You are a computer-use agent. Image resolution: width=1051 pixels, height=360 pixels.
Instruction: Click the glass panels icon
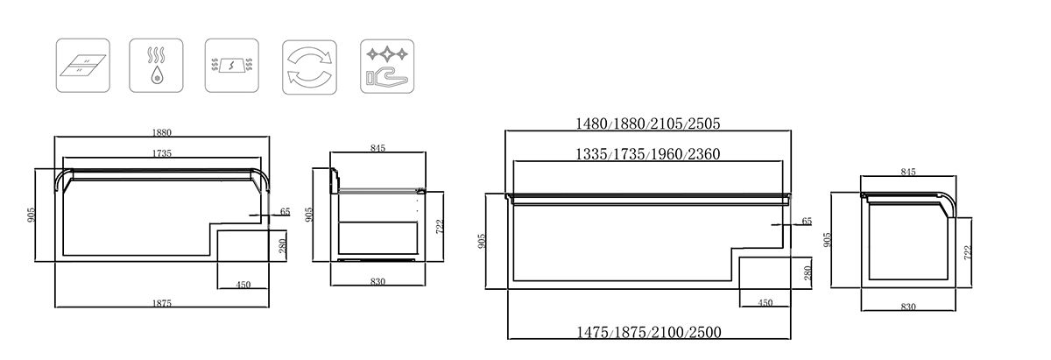[x=83, y=65]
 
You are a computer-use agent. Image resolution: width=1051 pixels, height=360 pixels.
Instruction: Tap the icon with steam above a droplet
[x=156, y=65]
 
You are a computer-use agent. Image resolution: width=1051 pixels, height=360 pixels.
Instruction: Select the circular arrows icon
[x=309, y=67]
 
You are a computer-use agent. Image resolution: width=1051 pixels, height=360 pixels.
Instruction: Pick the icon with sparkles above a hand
[x=387, y=67]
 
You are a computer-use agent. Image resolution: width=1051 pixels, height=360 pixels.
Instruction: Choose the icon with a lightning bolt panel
[x=232, y=65]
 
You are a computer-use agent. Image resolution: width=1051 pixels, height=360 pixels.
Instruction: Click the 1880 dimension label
[x=162, y=133]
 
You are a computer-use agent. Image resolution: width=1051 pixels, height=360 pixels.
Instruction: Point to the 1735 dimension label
[x=162, y=153]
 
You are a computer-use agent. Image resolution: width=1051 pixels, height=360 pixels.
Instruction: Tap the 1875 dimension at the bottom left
[x=162, y=304]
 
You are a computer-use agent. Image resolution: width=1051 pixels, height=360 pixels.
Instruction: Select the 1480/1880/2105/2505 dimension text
[x=648, y=124]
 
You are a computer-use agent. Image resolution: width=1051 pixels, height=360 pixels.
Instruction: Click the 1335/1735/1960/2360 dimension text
[x=648, y=154]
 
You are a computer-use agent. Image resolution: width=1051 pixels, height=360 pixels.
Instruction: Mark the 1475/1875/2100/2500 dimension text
[x=649, y=332]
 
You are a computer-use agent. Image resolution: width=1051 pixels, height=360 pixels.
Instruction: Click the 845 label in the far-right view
[x=908, y=173]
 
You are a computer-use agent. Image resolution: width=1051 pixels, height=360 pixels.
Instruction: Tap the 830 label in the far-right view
[x=908, y=307]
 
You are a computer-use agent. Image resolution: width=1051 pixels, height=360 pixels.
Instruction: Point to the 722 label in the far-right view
[x=967, y=253]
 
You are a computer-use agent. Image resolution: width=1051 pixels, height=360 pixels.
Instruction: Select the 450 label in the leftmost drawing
[x=243, y=285]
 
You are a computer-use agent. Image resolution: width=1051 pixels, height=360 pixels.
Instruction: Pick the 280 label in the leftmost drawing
[x=282, y=246]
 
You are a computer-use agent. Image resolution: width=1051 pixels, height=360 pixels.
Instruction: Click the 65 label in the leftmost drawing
[x=286, y=212]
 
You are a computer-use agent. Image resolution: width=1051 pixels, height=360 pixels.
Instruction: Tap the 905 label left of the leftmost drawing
[x=31, y=215]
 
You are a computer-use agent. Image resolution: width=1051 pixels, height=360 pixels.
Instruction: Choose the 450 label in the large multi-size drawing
[x=765, y=303]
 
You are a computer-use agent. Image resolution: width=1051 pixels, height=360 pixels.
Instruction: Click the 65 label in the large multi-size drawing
[x=807, y=221]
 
